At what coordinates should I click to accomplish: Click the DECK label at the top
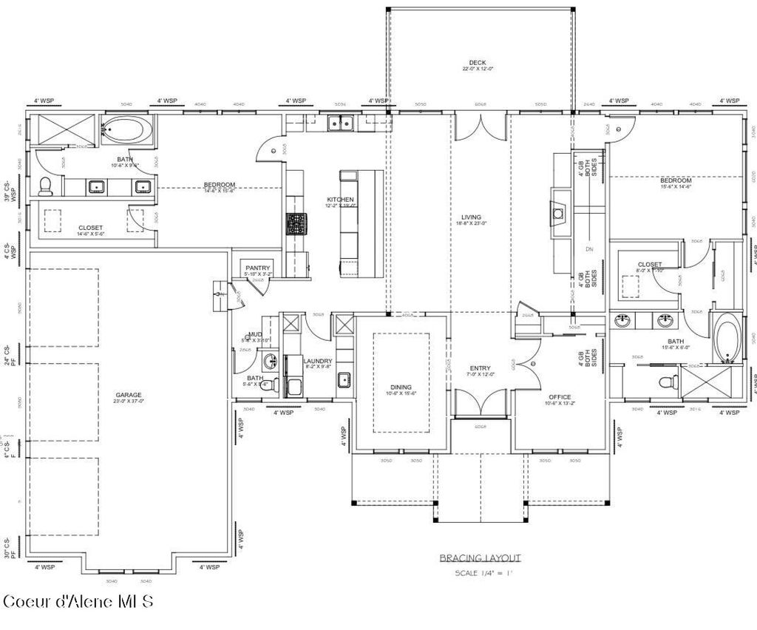477,63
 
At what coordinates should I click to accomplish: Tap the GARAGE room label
128,395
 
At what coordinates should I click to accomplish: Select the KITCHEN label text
341,200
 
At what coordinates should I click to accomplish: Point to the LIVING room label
471,217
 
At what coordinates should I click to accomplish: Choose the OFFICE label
560,397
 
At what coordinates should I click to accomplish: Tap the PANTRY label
258,268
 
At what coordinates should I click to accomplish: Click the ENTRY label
480,368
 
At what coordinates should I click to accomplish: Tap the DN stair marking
589,249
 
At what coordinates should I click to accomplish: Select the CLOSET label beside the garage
90,228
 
